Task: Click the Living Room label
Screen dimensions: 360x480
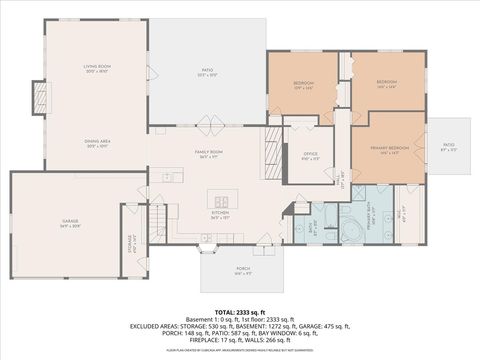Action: click(96, 68)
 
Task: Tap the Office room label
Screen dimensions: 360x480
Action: click(310, 156)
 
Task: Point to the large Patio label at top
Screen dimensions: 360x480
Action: click(207, 73)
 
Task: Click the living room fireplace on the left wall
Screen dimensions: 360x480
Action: click(40, 98)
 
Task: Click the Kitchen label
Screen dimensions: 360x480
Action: click(220, 214)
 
